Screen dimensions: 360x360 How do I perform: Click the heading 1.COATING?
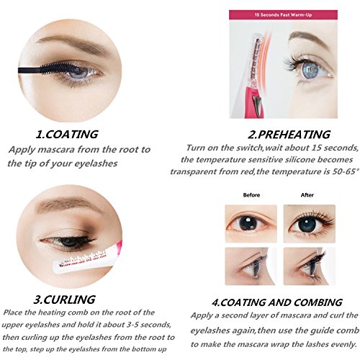(x=67, y=134)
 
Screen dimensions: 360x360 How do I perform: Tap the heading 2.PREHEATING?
(x=289, y=135)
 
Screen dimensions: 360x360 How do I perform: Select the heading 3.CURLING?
(x=65, y=300)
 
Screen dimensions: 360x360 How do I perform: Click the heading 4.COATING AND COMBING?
(x=277, y=302)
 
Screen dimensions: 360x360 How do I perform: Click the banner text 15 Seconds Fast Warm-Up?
(x=283, y=15)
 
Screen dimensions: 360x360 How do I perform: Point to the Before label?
(x=251, y=195)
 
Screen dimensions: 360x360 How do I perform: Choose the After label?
(x=307, y=195)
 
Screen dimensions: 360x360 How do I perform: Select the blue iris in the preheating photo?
(x=310, y=70)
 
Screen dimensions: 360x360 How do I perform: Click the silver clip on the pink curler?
(x=258, y=105)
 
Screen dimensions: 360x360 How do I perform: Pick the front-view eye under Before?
(x=251, y=224)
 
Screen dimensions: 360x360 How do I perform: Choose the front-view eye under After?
(x=309, y=224)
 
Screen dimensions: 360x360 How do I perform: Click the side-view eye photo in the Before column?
(x=251, y=266)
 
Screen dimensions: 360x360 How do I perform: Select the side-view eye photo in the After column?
(x=309, y=266)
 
